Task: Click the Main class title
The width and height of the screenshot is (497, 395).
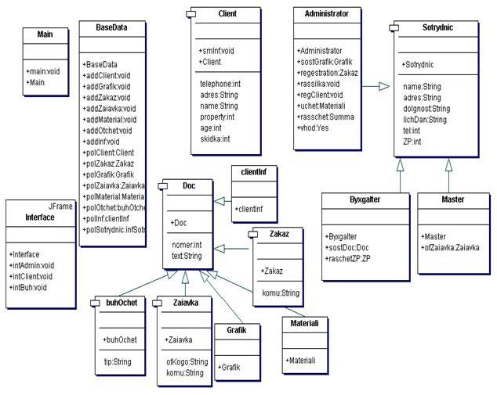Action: [44, 35]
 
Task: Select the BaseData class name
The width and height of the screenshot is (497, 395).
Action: [112, 27]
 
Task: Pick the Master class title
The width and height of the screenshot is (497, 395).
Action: [452, 199]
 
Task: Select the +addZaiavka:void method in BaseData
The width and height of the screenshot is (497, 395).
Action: [109, 109]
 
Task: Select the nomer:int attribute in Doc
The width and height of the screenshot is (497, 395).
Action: [186, 245]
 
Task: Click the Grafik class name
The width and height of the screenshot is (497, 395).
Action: [238, 331]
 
